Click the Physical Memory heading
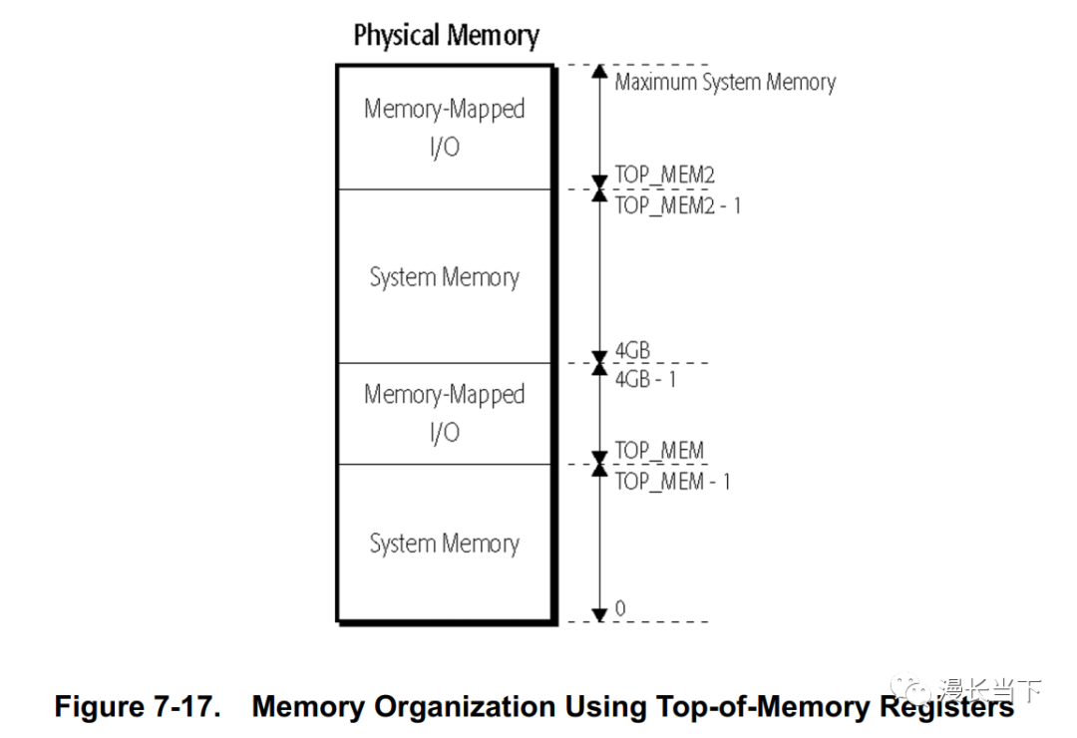click(x=446, y=37)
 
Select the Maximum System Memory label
click(x=725, y=82)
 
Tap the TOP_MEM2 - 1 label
click(x=677, y=205)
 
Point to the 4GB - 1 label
click(x=645, y=379)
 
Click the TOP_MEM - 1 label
click(x=672, y=481)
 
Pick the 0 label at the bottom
click(x=620, y=608)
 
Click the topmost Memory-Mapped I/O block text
click(x=444, y=128)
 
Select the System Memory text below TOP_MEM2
click(x=444, y=277)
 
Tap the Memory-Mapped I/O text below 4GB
click(x=444, y=413)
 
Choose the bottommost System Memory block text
click(x=444, y=544)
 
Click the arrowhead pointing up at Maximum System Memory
click(x=599, y=72)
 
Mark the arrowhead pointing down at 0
click(x=599, y=614)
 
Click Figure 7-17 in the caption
click(x=137, y=707)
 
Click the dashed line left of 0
click(x=572, y=622)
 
